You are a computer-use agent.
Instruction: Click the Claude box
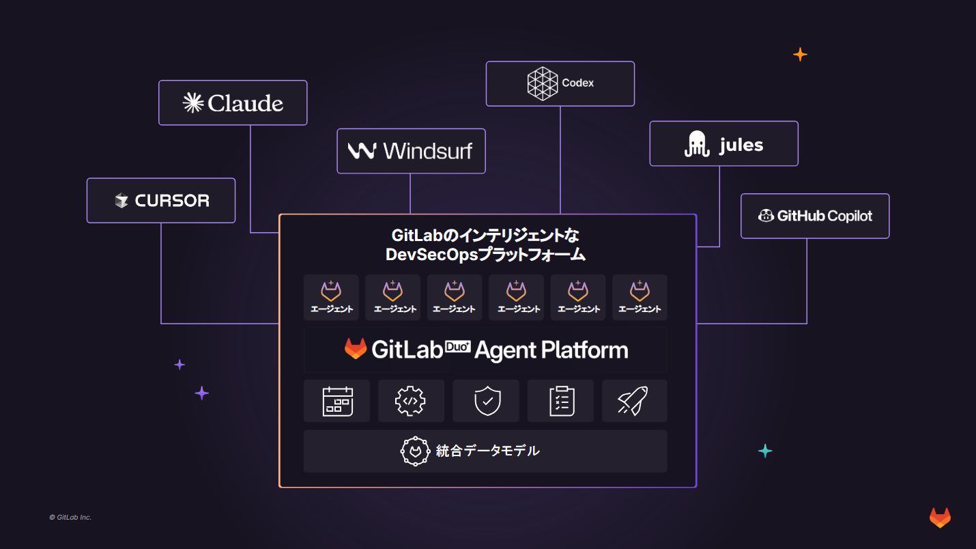tap(233, 103)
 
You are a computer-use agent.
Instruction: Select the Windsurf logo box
tap(411, 151)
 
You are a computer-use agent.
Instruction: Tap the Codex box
tap(560, 84)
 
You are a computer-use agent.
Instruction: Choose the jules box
tap(723, 144)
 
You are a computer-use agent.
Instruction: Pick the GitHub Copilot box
tap(815, 216)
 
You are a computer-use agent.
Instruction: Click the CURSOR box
tap(161, 201)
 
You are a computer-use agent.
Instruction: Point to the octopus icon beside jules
tap(698, 144)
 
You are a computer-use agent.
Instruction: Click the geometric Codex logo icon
tap(543, 83)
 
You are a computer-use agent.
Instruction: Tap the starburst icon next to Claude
tap(193, 102)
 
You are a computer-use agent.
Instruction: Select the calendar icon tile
tap(337, 402)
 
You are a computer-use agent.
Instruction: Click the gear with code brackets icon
tap(411, 402)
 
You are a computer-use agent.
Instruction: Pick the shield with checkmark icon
tap(486, 402)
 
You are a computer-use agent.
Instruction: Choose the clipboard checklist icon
tap(561, 402)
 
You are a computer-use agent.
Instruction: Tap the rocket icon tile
tap(634, 402)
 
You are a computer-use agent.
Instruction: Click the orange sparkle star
tap(800, 55)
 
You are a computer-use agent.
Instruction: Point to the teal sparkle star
tap(765, 451)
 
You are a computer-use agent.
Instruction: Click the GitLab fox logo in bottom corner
tap(940, 518)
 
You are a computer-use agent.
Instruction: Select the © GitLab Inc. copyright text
tap(70, 518)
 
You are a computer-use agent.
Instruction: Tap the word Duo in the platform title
tap(458, 346)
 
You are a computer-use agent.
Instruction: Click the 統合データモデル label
tap(487, 451)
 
